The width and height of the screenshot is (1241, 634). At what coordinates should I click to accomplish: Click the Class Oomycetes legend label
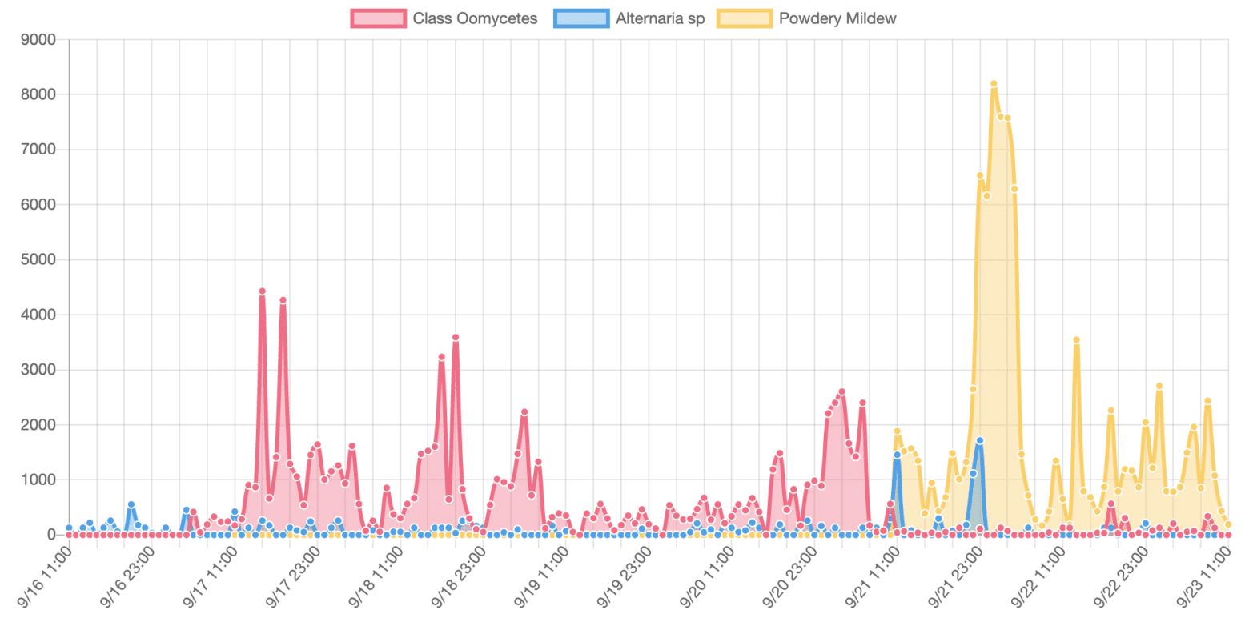pos(475,18)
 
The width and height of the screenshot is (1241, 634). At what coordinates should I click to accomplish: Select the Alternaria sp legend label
pos(660,18)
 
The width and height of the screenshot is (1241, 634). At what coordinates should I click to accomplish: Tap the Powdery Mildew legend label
pos(837,18)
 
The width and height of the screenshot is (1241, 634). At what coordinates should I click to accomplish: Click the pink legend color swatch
pos(379,18)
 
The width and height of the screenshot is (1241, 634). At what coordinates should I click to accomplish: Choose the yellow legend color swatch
pos(745,18)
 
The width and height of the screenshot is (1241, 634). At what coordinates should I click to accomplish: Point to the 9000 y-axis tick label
pos(39,40)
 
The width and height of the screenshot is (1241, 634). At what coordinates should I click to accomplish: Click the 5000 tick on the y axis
pos(39,260)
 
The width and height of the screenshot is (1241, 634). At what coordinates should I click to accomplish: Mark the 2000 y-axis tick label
pos(39,425)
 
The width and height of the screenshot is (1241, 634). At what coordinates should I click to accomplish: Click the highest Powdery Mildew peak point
pos(994,83)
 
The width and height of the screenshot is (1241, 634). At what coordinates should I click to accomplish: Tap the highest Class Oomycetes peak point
pos(262,291)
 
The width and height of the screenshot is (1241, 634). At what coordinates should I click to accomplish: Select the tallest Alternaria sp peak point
pos(979,440)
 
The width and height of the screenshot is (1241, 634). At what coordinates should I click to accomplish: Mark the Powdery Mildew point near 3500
pos(1077,340)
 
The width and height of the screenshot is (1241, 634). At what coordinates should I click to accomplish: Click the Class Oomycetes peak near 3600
pos(455,338)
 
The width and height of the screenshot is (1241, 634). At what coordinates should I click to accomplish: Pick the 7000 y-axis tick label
pos(39,150)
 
